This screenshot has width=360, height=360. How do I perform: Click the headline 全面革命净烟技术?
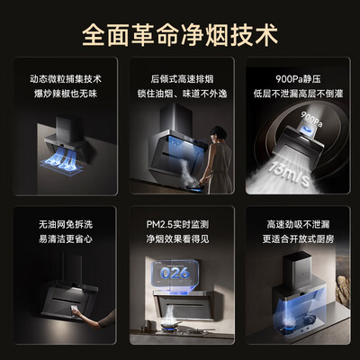coord(180,36)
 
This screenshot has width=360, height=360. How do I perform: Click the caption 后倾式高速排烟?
coord(179,78)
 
